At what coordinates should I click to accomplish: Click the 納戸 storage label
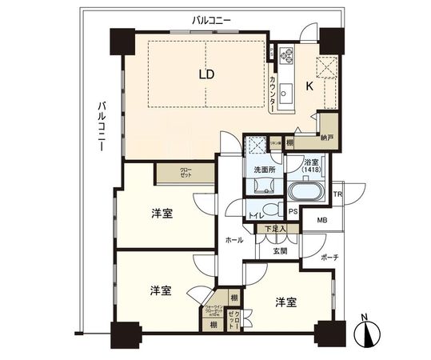pyautogui.click(x=327, y=137)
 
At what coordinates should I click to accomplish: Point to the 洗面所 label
pyautogui.click(x=265, y=169)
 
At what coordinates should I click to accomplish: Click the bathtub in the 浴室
pyautogui.click(x=303, y=193)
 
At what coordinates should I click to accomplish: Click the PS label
pyautogui.click(x=293, y=212)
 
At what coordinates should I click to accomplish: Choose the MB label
pyautogui.click(x=322, y=221)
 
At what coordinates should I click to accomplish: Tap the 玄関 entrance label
pyautogui.click(x=279, y=250)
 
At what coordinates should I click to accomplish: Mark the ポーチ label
pyautogui.click(x=329, y=258)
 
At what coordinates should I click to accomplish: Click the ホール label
pyautogui.click(x=233, y=239)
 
